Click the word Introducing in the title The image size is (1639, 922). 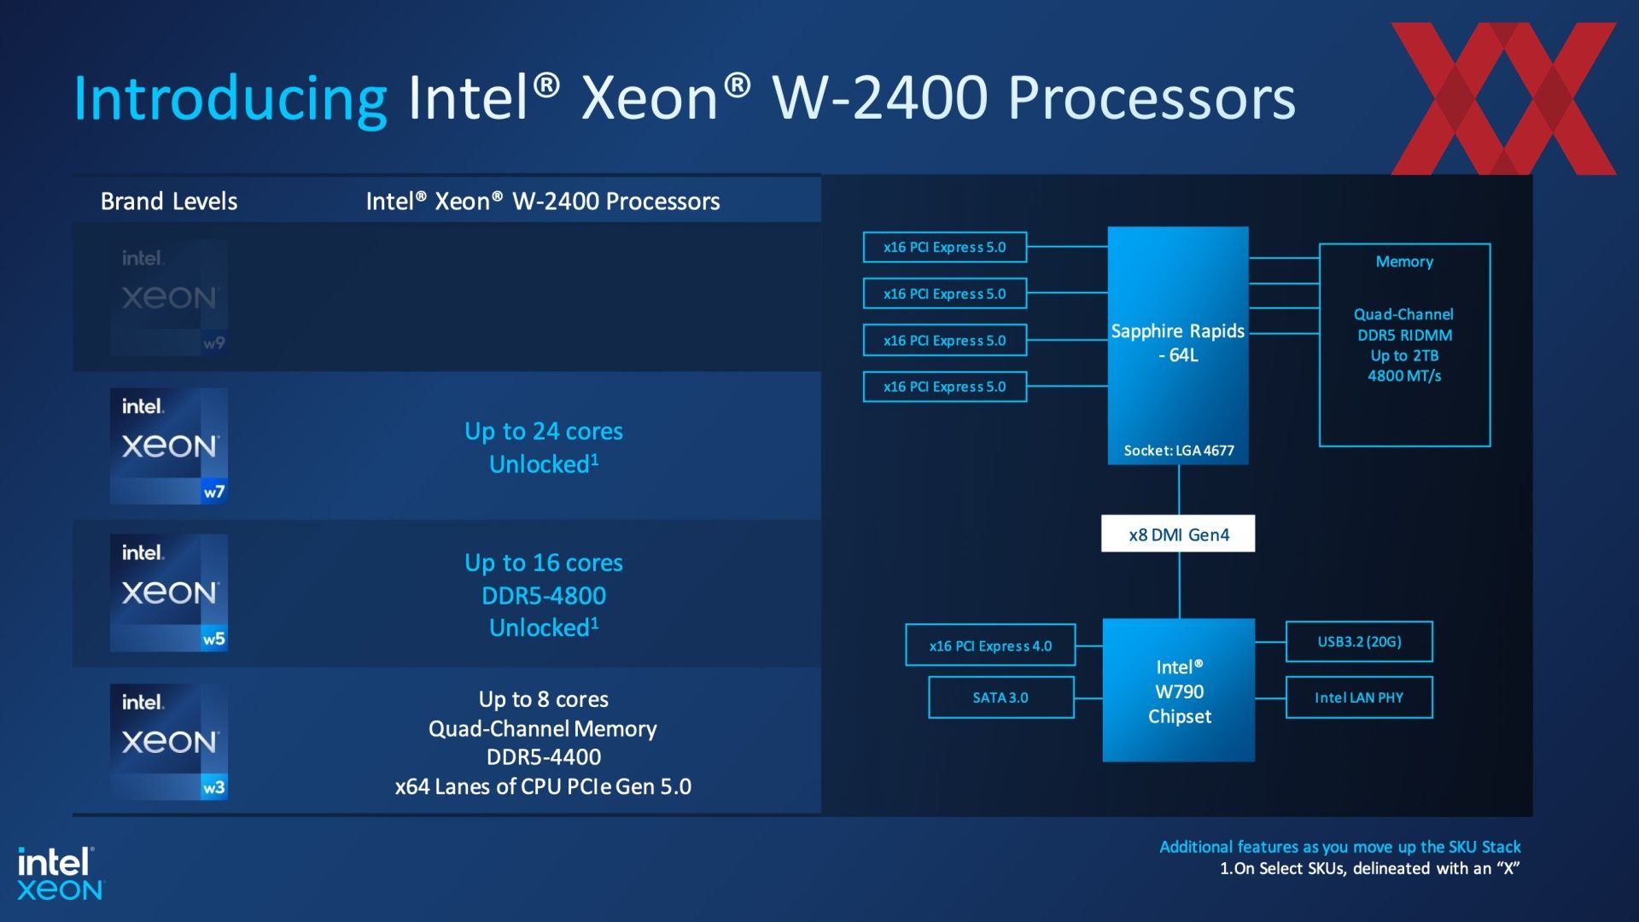(230, 99)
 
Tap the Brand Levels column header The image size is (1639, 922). (169, 201)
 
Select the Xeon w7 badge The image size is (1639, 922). (169, 446)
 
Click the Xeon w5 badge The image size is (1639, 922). (169, 593)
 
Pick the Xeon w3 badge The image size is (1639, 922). (169, 742)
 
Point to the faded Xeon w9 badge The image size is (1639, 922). (169, 298)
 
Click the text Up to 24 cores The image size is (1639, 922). (544, 431)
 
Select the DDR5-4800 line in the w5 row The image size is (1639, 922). (544, 595)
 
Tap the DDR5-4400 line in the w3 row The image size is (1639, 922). (544, 757)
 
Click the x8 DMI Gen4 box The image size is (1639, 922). (1178, 534)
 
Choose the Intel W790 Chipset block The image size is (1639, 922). (1179, 691)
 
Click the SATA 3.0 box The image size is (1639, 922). (1000, 697)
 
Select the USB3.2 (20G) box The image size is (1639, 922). (1359, 642)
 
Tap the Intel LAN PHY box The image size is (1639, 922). (1359, 697)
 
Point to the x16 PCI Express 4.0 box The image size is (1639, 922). (990, 645)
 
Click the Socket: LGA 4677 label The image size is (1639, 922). (1179, 451)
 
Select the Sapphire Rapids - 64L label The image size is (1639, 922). (1178, 342)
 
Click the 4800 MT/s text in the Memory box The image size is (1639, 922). (1404, 376)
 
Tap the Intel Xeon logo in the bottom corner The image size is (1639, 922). (60, 873)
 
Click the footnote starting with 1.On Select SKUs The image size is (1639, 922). (1370, 869)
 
